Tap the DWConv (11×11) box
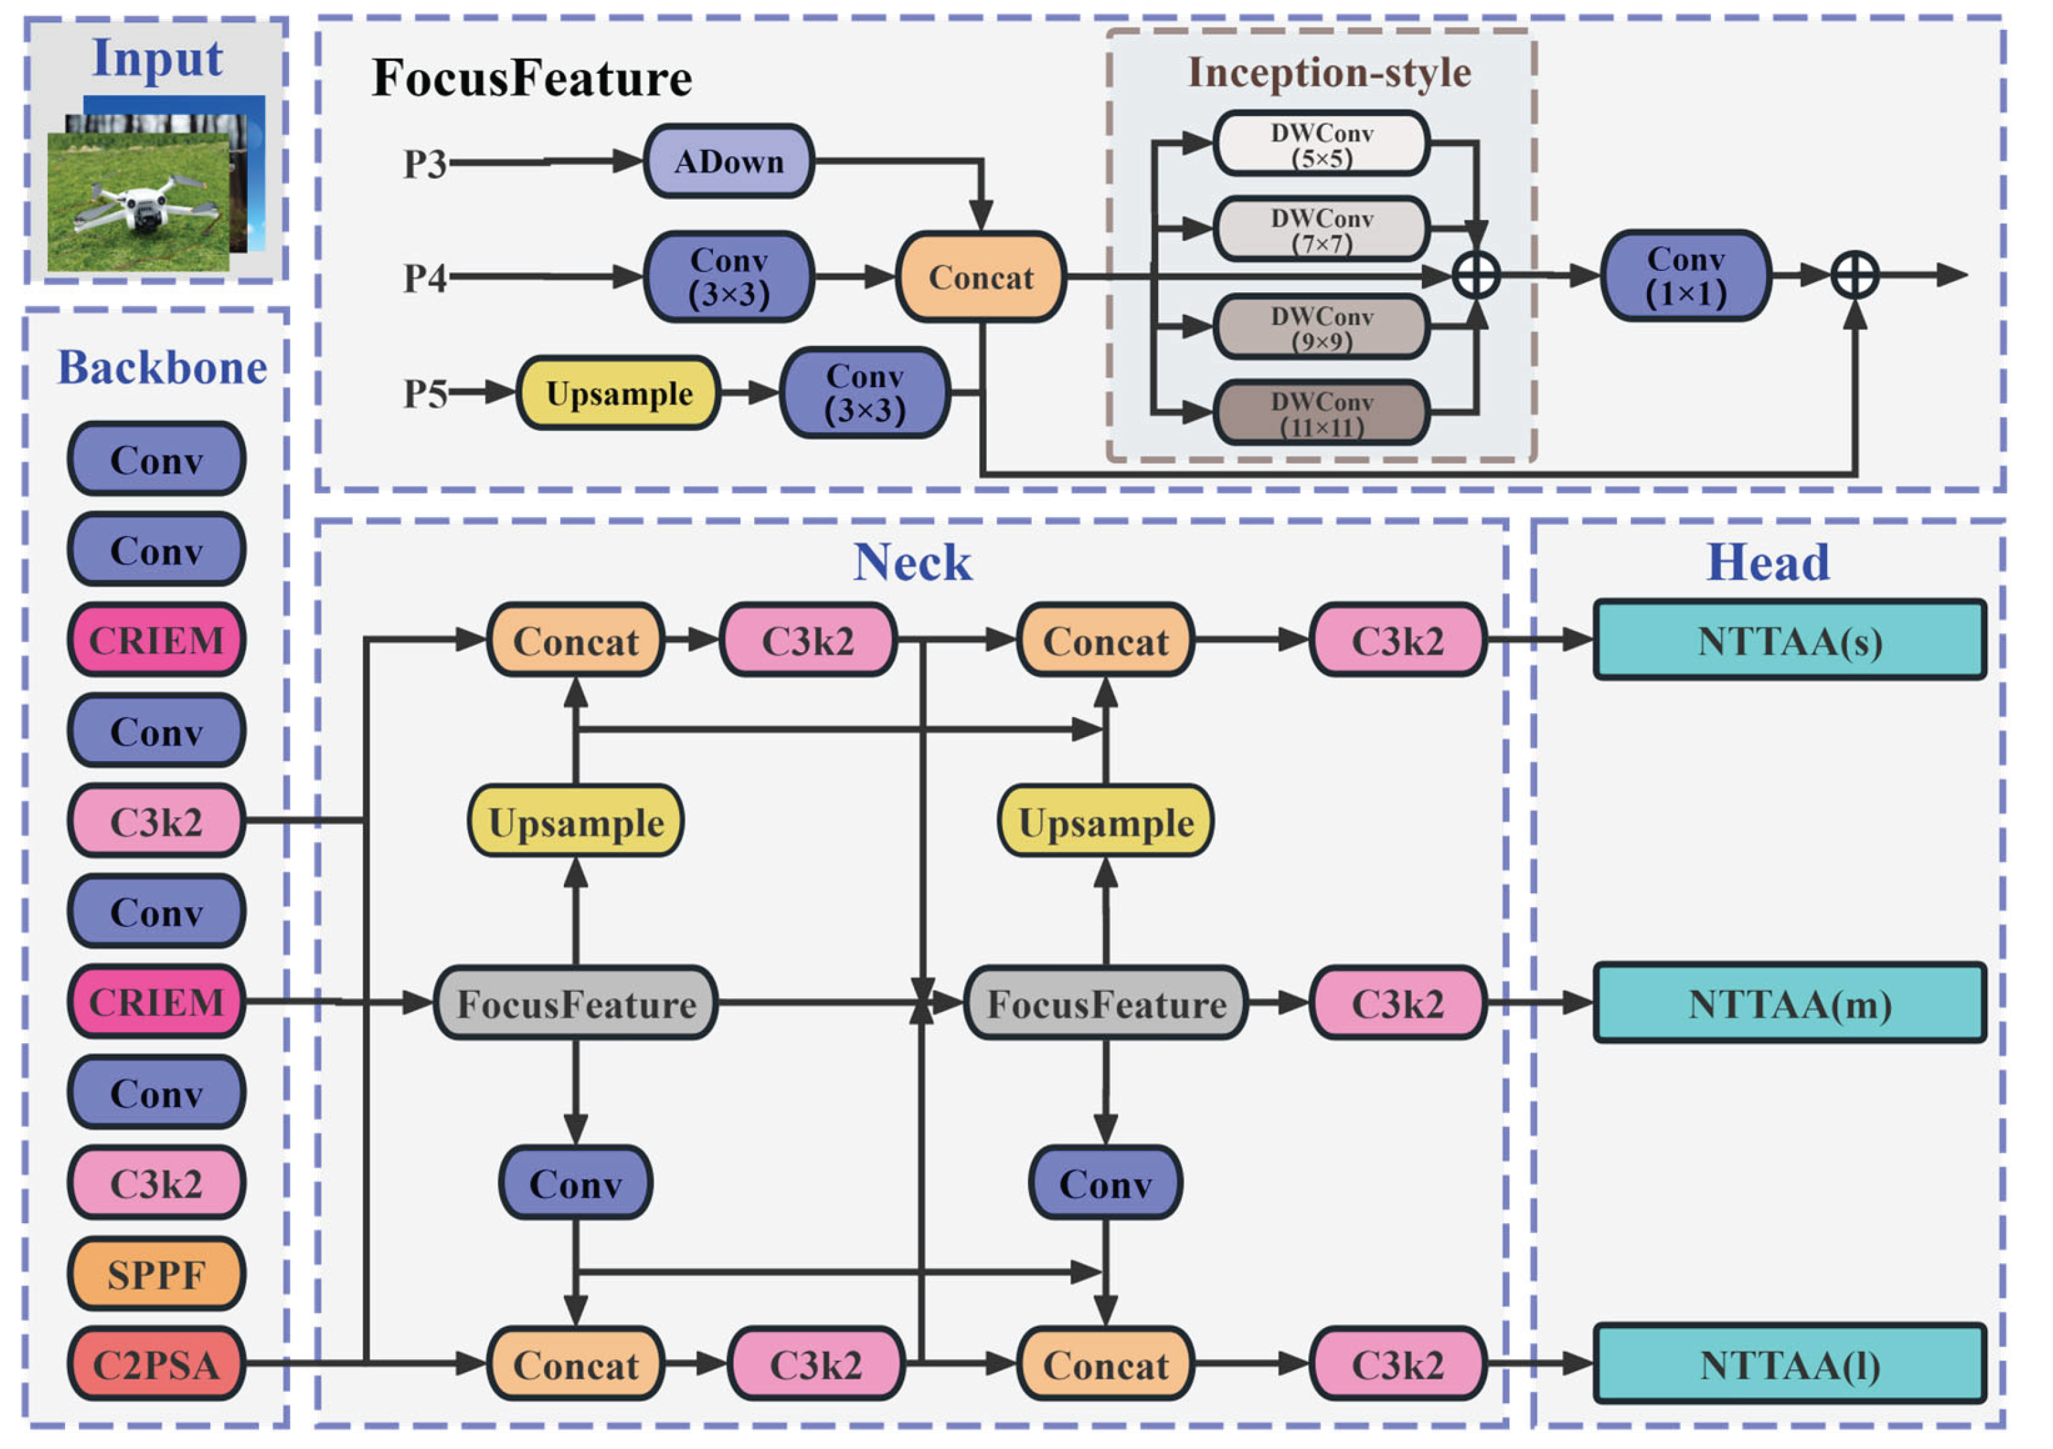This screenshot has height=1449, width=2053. click(x=1321, y=414)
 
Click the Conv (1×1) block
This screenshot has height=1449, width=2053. click(x=1685, y=276)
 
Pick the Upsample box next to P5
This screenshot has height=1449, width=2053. click(x=618, y=393)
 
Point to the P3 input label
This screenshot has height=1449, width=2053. click(x=424, y=163)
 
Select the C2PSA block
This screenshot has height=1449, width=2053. click(x=157, y=1364)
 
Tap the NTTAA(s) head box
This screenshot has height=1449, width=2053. click(x=1789, y=641)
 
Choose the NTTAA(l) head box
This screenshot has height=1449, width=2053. click(x=1789, y=1365)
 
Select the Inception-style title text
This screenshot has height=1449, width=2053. click(x=1329, y=72)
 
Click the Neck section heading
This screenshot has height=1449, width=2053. click(x=912, y=562)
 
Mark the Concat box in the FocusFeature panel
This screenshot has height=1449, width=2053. click(x=980, y=277)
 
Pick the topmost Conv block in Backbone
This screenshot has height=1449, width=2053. click(x=157, y=460)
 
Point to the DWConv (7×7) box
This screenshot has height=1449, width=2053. click(x=1321, y=230)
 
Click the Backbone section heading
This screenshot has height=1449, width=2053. click(x=162, y=367)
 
